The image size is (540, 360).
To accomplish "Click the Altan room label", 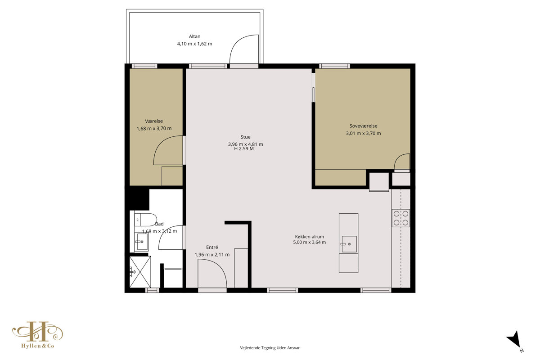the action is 194,36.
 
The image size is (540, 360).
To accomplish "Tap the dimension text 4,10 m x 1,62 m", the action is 194,44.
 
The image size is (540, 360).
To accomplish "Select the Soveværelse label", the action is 363,126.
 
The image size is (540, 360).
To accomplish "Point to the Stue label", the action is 245,137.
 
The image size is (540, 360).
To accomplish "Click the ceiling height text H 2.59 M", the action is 244,149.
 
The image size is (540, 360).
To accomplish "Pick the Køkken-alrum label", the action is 310,237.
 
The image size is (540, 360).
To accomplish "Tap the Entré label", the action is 212,247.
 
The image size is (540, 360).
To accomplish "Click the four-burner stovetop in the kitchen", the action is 400,218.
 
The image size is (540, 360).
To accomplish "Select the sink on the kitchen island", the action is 349,244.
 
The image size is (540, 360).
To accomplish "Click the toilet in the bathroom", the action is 145,220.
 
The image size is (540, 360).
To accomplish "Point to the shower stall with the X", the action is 140,272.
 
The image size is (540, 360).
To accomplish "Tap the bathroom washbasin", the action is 141,242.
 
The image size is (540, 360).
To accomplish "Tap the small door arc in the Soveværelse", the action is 399,159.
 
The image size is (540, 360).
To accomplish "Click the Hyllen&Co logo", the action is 38,335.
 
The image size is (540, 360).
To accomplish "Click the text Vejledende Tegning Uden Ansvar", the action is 270,348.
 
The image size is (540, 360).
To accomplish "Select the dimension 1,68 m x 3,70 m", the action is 154,129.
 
